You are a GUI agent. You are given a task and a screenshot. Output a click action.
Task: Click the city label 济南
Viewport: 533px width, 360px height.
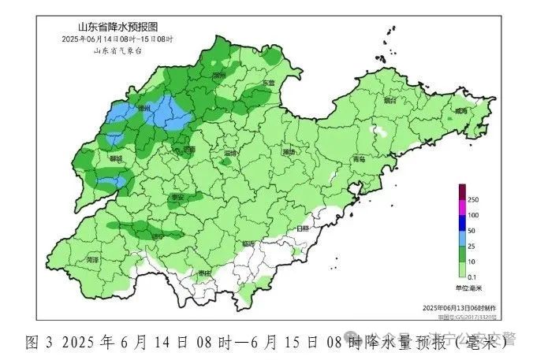tap(188, 147)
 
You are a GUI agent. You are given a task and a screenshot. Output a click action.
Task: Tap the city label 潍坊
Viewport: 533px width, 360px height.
tap(290, 150)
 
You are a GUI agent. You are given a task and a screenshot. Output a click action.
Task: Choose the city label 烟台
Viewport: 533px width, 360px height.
tap(388, 101)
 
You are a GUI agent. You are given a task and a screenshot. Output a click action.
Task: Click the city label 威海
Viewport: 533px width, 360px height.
tap(460, 111)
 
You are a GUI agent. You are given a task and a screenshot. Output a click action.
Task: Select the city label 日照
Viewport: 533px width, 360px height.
tap(303, 228)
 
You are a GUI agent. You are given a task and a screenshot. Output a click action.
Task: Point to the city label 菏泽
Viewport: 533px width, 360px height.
tap(93, 258)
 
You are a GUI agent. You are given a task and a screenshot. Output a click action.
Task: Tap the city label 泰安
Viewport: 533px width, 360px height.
tap(177, 197)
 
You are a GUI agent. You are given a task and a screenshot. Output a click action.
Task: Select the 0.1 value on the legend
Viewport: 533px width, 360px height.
tap(474, 276)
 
